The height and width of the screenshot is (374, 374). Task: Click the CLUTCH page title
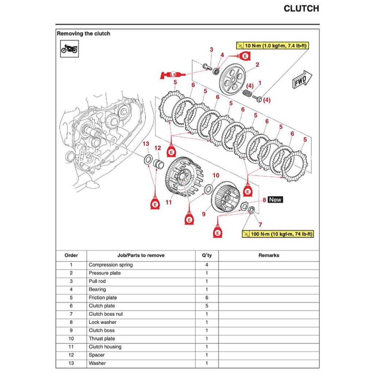click(301, 9)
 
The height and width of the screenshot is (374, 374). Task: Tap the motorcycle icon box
click(69, 49)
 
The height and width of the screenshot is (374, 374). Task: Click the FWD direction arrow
click(302, 80)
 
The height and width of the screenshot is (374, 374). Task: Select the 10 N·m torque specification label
click(272, 46)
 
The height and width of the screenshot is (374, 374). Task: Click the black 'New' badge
click(275, 200)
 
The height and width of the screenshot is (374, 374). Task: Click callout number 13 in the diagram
click(146, 144)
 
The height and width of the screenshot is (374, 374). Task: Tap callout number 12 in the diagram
click(157, 148)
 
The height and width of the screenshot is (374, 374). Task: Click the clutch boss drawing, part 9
click(225, 197)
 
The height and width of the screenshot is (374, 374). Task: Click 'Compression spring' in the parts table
click(111, 265)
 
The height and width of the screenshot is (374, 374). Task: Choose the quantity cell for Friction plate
click(206, 298)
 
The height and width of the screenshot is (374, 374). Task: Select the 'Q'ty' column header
click(206, 255)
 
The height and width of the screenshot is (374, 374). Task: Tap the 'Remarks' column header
click(268, 255)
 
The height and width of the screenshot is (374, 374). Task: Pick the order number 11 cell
click(71, 347)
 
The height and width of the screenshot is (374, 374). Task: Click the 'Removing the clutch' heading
click(83, 34)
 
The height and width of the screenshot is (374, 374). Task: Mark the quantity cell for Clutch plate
click(206, 306)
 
